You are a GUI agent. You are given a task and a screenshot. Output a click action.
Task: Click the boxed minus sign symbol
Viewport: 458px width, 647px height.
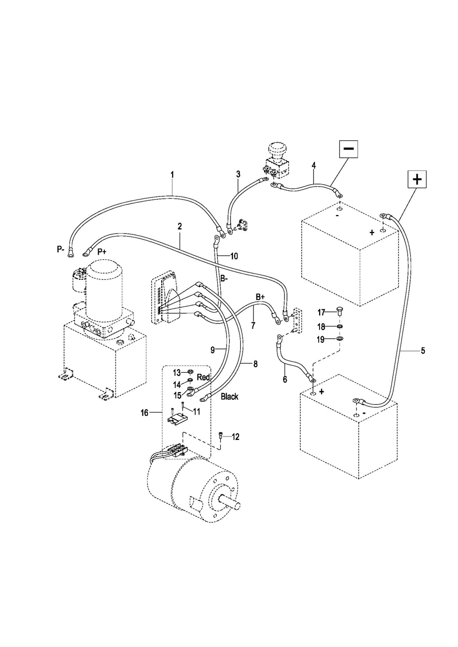coord(349,149)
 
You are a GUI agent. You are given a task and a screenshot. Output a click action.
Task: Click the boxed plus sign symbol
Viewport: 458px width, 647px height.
coord(417,180)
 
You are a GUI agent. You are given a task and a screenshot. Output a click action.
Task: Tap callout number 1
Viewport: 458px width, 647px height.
coord(172,175)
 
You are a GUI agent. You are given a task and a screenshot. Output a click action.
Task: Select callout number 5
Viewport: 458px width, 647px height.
coord(423,351)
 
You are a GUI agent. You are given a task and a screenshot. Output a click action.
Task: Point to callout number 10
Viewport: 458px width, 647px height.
coord(235,256)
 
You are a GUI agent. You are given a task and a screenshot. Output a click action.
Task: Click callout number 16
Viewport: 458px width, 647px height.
coord(145,414)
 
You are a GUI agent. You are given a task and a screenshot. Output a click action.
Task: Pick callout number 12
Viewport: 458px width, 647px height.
coord(236,437)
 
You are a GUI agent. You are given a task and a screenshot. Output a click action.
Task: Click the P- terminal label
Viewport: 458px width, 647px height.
coord(61,250)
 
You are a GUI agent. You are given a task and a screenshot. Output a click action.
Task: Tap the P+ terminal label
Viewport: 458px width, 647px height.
coord(102,252)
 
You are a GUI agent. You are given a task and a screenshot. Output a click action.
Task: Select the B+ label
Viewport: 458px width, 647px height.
coord(260,297)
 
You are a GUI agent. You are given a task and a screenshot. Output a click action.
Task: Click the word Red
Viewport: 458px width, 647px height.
coord(204,377)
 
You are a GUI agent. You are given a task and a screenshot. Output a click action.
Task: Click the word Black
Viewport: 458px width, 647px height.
coord(230,396)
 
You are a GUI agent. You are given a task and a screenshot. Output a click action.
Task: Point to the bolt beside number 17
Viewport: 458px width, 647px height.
coord(339,312)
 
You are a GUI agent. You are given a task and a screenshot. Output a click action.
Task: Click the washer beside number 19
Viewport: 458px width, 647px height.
coord(339,338)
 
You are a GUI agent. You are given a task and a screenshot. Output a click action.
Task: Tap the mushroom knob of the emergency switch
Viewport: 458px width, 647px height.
coord(276,149)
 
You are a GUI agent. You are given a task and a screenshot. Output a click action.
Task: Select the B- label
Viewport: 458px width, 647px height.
coord(224,279)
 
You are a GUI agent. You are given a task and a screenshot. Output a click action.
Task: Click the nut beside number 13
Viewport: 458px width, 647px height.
coord(190,371)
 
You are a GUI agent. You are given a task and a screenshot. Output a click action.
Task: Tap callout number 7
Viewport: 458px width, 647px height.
coord(253,326)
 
